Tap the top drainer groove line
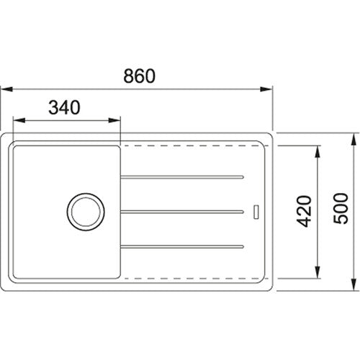point(184,175)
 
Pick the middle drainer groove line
point(184,211)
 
